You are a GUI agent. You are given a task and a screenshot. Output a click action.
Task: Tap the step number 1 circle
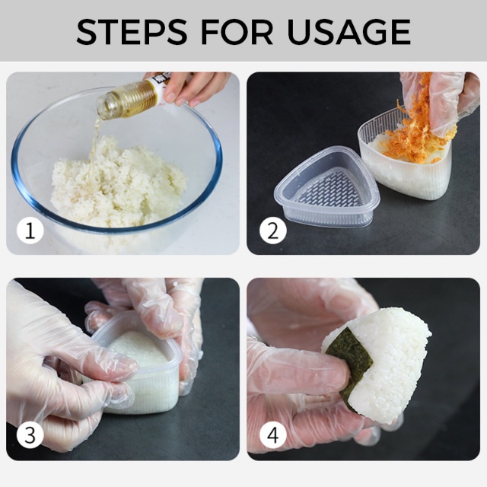[30, 231]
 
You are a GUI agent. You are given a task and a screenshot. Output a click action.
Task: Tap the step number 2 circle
[272, 231]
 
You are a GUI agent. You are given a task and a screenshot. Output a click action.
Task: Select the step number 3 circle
[30, 436]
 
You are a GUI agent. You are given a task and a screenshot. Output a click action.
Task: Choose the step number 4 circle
[272, 436]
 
